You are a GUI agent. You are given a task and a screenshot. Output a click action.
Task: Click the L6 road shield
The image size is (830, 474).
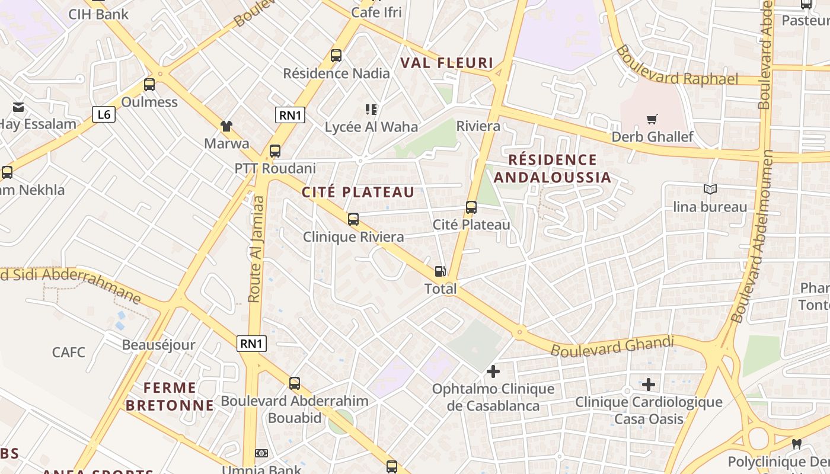pos(104,114)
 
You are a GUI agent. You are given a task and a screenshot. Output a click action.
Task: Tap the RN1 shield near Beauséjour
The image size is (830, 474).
pos(251,343)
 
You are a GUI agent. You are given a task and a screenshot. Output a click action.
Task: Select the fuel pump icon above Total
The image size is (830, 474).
pos(440,271)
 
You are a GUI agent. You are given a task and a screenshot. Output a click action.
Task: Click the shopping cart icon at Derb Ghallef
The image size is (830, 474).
pos(652,120)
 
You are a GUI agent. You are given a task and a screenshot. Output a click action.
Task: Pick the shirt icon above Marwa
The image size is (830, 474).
pos(226,126)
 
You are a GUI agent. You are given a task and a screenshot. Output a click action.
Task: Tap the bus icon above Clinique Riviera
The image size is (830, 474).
pos(353,219)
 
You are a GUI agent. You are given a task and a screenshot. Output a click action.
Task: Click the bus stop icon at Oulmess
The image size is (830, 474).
pos(149,85)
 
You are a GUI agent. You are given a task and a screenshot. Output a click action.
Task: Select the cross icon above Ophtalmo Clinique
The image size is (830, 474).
pos(493,371)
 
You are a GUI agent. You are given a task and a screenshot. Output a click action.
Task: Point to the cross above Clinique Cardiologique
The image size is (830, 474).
pos(649,385)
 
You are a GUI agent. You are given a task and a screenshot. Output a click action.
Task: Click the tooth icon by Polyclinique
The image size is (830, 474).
pos(797,444)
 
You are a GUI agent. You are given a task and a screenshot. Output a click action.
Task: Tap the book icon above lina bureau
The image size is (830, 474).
pos(710,189)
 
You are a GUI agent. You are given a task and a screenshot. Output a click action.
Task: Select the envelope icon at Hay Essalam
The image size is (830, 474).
pos(18,107)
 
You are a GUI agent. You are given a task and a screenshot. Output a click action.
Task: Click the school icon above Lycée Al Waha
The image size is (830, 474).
pos(371,109)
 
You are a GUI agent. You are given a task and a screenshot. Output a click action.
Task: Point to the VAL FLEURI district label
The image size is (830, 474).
pos(446,63)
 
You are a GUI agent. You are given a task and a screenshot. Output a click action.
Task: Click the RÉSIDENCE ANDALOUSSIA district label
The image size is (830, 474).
pos(552,168)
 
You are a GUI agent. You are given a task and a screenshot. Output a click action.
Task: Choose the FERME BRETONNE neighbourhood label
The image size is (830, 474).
pos(170,396)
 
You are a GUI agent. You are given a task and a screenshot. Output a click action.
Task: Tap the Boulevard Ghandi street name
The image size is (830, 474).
pos(612,346)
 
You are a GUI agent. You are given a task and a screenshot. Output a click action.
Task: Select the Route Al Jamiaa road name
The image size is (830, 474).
pos(256,249)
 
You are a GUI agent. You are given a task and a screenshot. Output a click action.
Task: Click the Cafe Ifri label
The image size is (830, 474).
pos(376,12)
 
